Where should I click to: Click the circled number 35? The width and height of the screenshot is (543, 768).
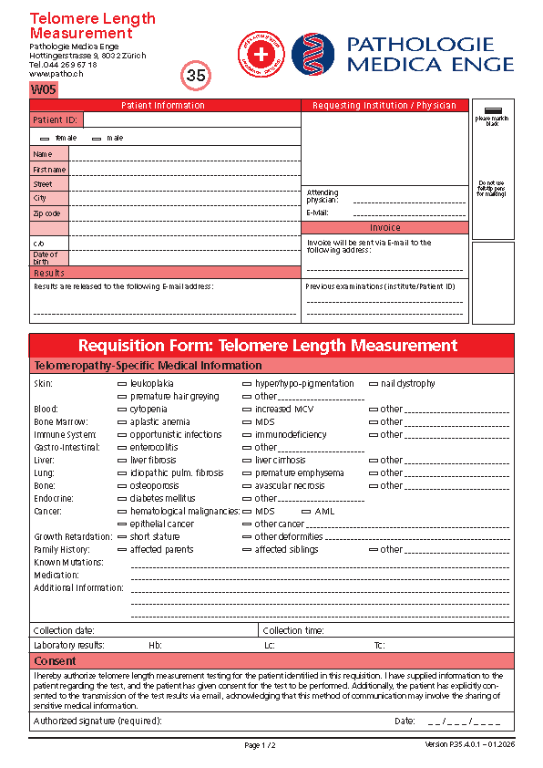pos(196,76)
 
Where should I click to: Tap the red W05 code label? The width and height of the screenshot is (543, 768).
pos(44,89)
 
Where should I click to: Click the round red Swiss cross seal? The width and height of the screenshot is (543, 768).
pos(261,54)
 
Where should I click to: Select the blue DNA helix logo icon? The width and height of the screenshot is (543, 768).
pos(313,54)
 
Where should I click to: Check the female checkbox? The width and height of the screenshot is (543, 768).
pos(46,138)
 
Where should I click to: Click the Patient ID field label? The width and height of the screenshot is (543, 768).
pos(56,119)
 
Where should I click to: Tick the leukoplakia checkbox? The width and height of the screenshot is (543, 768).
pos(122,384)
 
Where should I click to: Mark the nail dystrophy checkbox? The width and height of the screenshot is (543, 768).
pos(374,384)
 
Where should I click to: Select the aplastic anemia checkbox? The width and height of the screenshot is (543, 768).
pos(122,422)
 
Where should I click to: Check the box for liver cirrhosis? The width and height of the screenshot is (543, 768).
pos(247,461)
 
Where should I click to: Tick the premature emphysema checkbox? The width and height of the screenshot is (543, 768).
pos(247,473)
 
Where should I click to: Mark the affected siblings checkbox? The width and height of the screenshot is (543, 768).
pos(247,550)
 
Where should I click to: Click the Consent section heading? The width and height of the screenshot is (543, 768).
pos(55,660)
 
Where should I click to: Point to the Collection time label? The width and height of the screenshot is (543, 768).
pos(293,630)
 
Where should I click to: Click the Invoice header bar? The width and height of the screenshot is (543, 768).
pos(384,228)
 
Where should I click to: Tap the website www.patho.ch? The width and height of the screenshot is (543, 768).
pos(51,74)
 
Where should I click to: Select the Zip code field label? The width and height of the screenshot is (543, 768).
pos(47,213)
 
